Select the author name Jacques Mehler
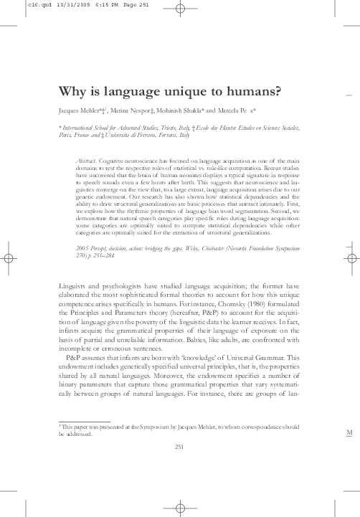81,113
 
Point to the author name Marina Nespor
134,113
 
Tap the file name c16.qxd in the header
15,4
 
